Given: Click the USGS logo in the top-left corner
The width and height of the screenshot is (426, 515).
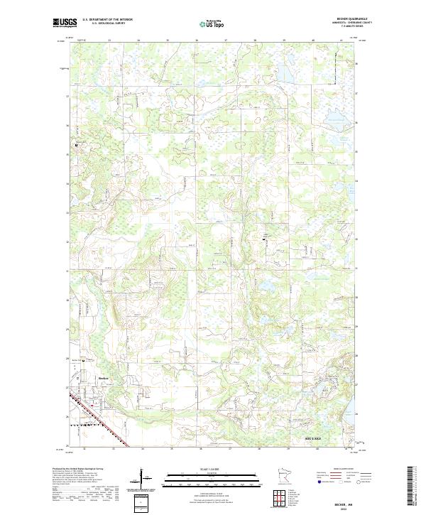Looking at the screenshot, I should (65, 23).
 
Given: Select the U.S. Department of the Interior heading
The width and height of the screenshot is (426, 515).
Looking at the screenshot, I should (107, 19).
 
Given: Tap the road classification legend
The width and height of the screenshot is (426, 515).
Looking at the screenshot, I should (345, 479).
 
